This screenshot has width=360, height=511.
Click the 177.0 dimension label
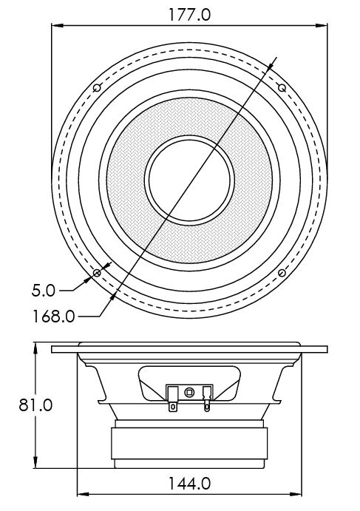tap(190, 15)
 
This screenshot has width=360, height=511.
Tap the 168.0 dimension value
tap(54, 316)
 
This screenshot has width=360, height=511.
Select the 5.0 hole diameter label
tap(44, 291)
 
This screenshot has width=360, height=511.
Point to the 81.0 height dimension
tap(35, 405)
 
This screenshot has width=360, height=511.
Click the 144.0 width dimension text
tap(190, 484)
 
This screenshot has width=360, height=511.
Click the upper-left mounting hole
tap(97, 88)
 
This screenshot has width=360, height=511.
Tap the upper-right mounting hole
tap(282, 88)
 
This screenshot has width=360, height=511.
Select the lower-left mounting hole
tap(97, 273)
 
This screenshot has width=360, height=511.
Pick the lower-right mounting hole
tap(282, 273)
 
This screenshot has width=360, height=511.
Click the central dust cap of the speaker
tap(189, 180)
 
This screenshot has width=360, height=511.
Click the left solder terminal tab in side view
tap(173, 399)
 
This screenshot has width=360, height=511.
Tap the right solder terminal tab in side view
tap(207, 399)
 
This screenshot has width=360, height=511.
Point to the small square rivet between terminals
tap(189, 393)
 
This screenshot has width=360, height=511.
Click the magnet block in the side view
tap(189, 444)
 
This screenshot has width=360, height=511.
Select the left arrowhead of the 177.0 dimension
tap(57, 25)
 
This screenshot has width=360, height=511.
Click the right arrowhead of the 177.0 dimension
tap(322, 25)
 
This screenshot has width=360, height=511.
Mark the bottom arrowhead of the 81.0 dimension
tap(35, 463)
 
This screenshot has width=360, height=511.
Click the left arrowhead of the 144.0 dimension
tap(83, 494)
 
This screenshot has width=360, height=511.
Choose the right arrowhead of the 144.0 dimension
tap(296, 494)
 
